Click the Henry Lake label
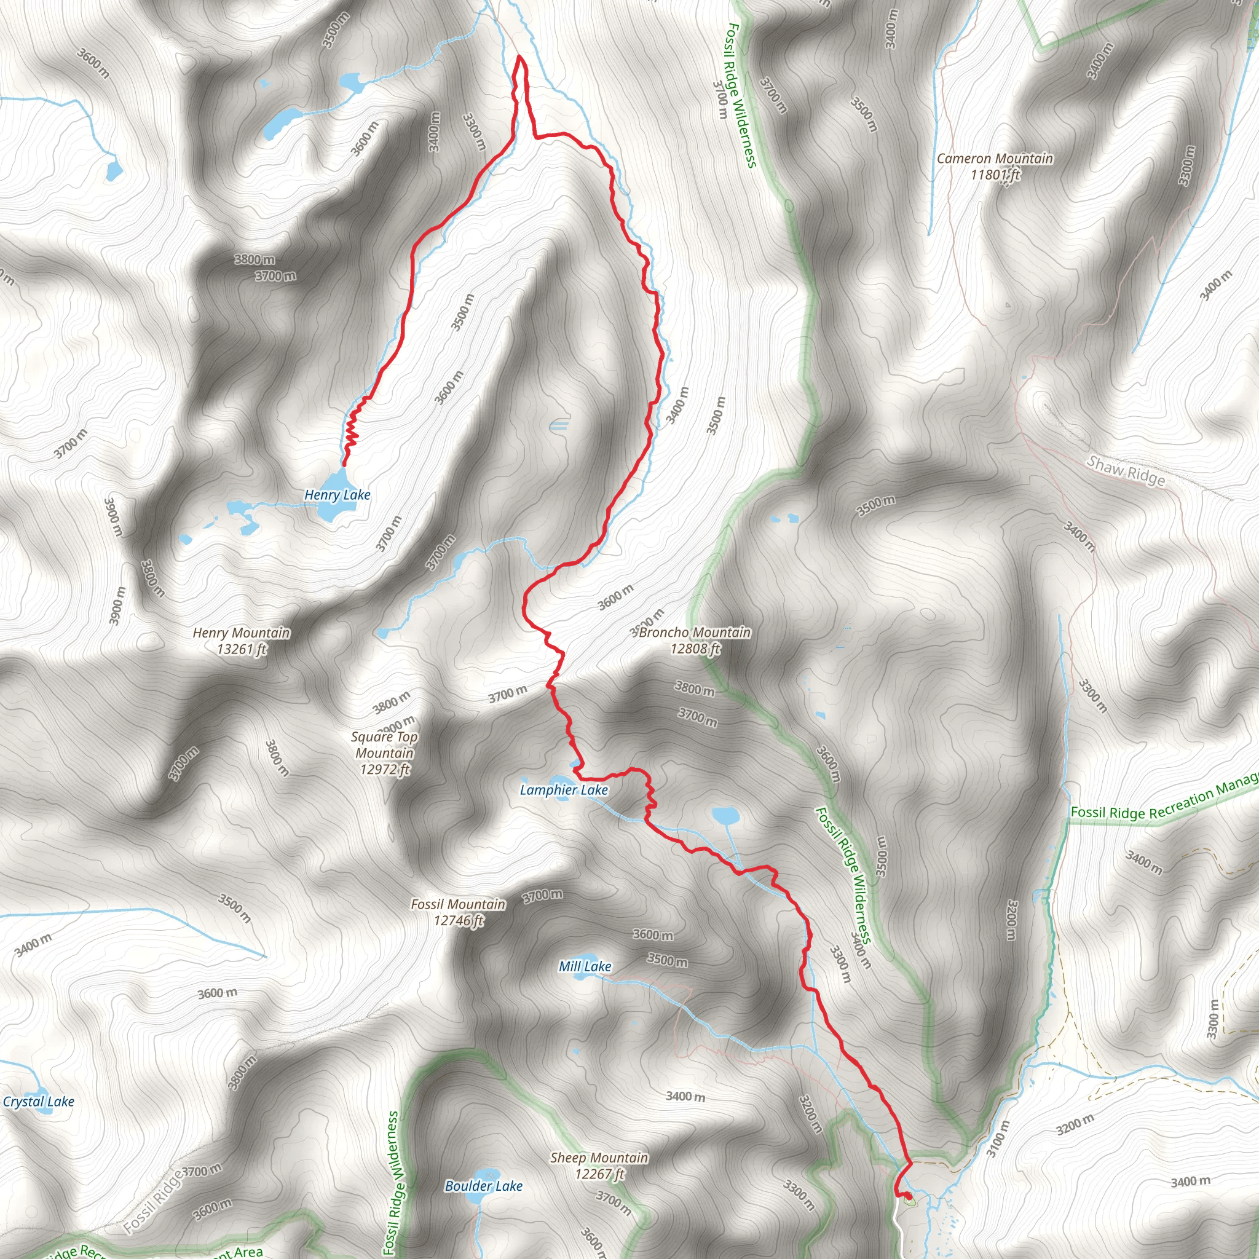[x=337, y=495]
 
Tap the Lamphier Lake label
[x=564, y=790]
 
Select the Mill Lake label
[x=585, y=966]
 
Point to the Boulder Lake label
[x=484, y=1186]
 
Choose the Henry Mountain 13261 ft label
[x=241, y=641]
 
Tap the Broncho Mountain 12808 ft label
[x=695, y=640]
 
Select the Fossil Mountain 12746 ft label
[x=458, y=912]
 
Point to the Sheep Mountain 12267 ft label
[x=599, y=1166]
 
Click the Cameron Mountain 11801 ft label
[x=995, y=166]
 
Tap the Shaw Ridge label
[x=1126, y=470]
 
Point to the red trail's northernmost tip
[x=520, y=57]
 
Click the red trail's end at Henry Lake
[x=344, y=465]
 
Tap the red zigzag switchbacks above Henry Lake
[x=352, y=430]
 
